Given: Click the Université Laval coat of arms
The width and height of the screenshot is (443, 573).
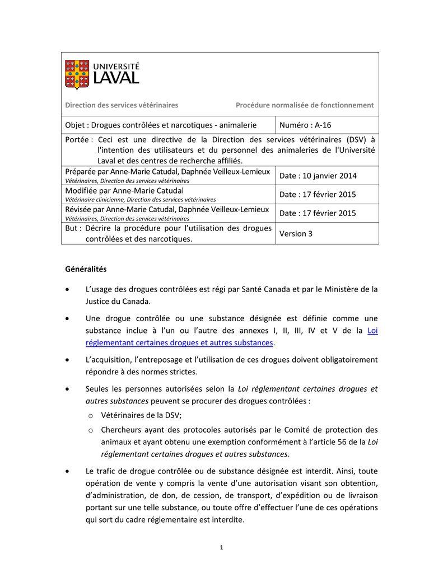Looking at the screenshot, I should tap(77, 74).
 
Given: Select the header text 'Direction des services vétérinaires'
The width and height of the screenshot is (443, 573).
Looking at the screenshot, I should tap(122, 105).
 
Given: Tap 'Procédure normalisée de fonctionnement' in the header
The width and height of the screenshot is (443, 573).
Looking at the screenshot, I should tap(304, 105).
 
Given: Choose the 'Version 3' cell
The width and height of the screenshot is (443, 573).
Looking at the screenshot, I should tap(296, 233).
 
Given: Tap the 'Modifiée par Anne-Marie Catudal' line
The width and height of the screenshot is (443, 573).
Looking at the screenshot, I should tap(124, 191).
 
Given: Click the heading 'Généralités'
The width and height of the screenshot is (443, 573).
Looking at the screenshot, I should tap(86, 269).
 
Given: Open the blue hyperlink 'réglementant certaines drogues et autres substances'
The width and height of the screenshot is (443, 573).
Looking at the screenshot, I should tap(179, 342).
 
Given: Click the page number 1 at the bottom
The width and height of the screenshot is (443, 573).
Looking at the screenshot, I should tap(222, 547).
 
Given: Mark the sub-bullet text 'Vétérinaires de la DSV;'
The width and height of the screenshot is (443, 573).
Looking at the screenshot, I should tap(141, 415).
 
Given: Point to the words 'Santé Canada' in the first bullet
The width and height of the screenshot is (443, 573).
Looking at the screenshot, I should tap(265, 289).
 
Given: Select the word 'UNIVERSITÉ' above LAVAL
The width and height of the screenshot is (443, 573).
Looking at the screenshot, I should tap(116, 66).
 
